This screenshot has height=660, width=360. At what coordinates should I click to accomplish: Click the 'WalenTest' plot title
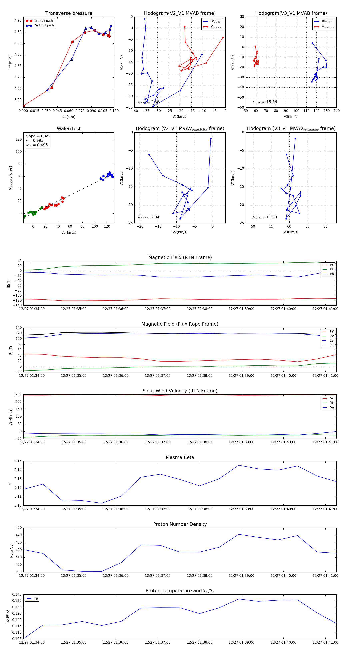[69, 129]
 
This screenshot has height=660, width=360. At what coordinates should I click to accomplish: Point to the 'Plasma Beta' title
[180, 457]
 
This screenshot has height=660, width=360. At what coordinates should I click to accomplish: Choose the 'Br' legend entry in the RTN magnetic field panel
[332, 265]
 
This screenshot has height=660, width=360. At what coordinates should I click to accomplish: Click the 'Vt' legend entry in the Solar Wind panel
[332, 403]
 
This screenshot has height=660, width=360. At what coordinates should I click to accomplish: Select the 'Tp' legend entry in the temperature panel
[36, 599]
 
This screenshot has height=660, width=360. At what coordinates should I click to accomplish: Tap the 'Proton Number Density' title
[180, 524]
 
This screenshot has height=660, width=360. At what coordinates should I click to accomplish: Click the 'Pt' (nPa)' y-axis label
[10, 62]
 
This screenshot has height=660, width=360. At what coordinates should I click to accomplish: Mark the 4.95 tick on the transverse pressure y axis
[18, 20]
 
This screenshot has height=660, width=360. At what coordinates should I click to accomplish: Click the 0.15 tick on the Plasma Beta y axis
[18, 461]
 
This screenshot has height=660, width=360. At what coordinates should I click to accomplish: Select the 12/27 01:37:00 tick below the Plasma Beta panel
[158, 509]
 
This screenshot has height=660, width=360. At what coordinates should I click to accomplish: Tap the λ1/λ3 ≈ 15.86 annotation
[265, 102]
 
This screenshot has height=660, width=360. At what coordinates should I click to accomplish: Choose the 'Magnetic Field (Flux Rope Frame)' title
[180, 324]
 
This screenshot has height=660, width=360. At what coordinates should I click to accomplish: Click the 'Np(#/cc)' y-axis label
[11, 550]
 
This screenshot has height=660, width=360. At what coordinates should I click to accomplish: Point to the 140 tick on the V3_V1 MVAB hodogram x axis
[336, 111]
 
